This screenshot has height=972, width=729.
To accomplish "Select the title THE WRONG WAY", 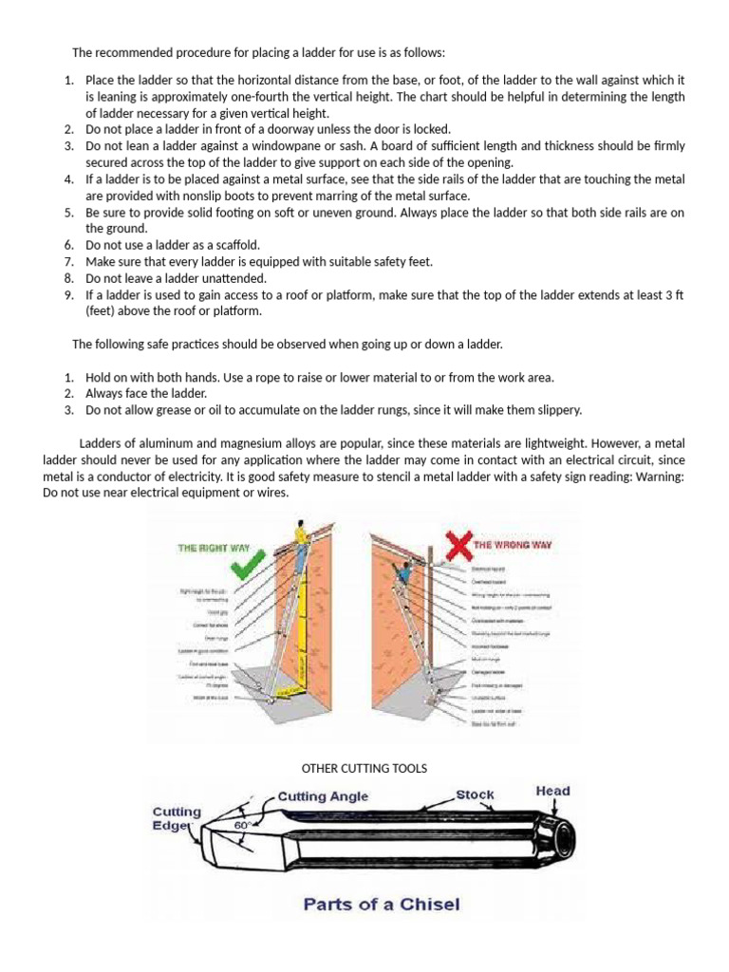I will (513, 545).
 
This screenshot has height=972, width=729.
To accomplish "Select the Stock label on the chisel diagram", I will (475, 794).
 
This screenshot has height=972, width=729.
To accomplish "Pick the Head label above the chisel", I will (552, 790).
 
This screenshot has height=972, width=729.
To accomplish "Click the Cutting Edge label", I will (178, 818).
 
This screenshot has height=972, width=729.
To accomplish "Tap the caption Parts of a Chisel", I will (381, 904).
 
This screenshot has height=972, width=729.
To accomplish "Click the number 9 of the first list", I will (69, 295).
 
